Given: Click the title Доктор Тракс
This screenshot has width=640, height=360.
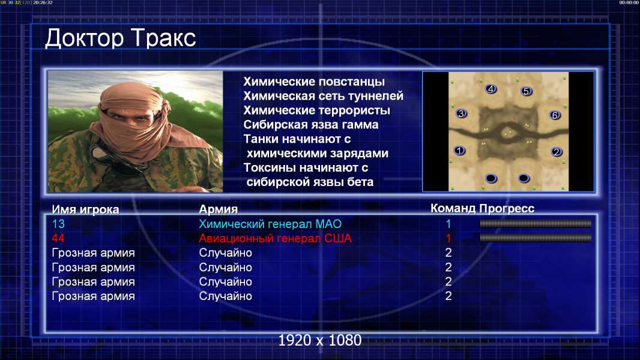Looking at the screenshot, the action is pyautogui.click(x=121, y=38).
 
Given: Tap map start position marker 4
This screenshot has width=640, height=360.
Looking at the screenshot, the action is pyautogui.click(x=491, y=89).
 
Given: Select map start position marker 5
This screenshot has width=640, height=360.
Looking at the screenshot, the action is pyautogui.click(x=526, y=91).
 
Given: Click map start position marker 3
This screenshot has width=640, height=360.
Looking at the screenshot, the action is pyautogui.click(x=461, y=113).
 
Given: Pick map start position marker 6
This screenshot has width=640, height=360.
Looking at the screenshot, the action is pyautogui.click(x=555, y=115).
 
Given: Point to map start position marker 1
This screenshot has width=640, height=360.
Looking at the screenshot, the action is pyautogui.click(x=459, y=151).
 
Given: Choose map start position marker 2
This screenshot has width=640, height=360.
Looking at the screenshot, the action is pyautogui.click(x=557, y=152).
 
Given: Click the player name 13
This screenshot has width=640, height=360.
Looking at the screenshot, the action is pyautogui.click(x=58, y=224).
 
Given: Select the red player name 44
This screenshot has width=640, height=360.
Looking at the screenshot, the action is pyautogui.click(x=58, y=238).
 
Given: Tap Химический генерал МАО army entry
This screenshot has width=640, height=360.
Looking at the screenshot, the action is pyautogui.click(x=270, y=224).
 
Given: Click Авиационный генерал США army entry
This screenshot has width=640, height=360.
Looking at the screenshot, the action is pyautogui.click(x=275, y=238).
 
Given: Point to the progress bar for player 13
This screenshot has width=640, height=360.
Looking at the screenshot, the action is pyautogui.click(x=536, y=223).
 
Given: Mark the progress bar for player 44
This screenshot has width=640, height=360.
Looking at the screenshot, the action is pyautogui.click(x=536, y=238).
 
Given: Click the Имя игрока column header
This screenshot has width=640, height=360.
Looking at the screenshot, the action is pyautogui.click(x=85, y=209).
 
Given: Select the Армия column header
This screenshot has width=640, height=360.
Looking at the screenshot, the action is pyautogui.click(x=219, y=209).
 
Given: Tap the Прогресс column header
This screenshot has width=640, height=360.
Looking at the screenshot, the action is pyautogui.click(x=507, y=208).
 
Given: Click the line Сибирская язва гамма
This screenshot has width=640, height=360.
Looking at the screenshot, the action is pyautogui.click(x=311, y=125).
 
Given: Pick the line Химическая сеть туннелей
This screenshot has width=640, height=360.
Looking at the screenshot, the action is pyautogui.click(x=323, y=96).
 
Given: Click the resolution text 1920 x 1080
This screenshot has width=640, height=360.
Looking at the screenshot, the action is pyautogui.click(x=320, y=340).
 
